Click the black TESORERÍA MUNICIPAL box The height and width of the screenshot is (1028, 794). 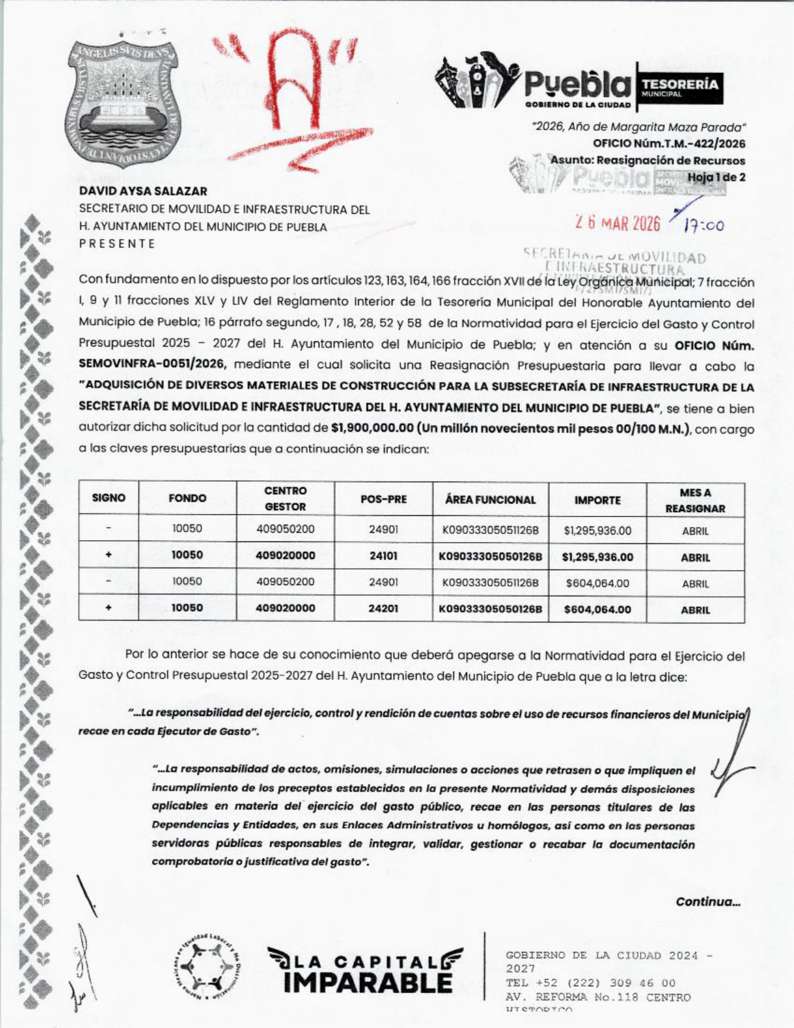[679, 87]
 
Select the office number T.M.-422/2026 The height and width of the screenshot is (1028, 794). [669, 144]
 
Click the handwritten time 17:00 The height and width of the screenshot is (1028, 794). [704, 226]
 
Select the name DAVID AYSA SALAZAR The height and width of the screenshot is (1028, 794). [143, 191]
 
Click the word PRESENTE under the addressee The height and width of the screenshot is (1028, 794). [117, 244]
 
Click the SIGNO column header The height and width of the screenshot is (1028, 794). [108, 498]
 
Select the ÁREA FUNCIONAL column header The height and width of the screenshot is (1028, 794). [490, 500]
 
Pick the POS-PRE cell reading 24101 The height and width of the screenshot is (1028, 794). [383, 556]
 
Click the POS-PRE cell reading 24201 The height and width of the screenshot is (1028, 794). [383, 608]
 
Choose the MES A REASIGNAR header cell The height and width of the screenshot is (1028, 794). [695, 500]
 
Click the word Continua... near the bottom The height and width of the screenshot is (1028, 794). [708, 902]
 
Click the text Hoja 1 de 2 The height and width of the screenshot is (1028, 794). [716, 177]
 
